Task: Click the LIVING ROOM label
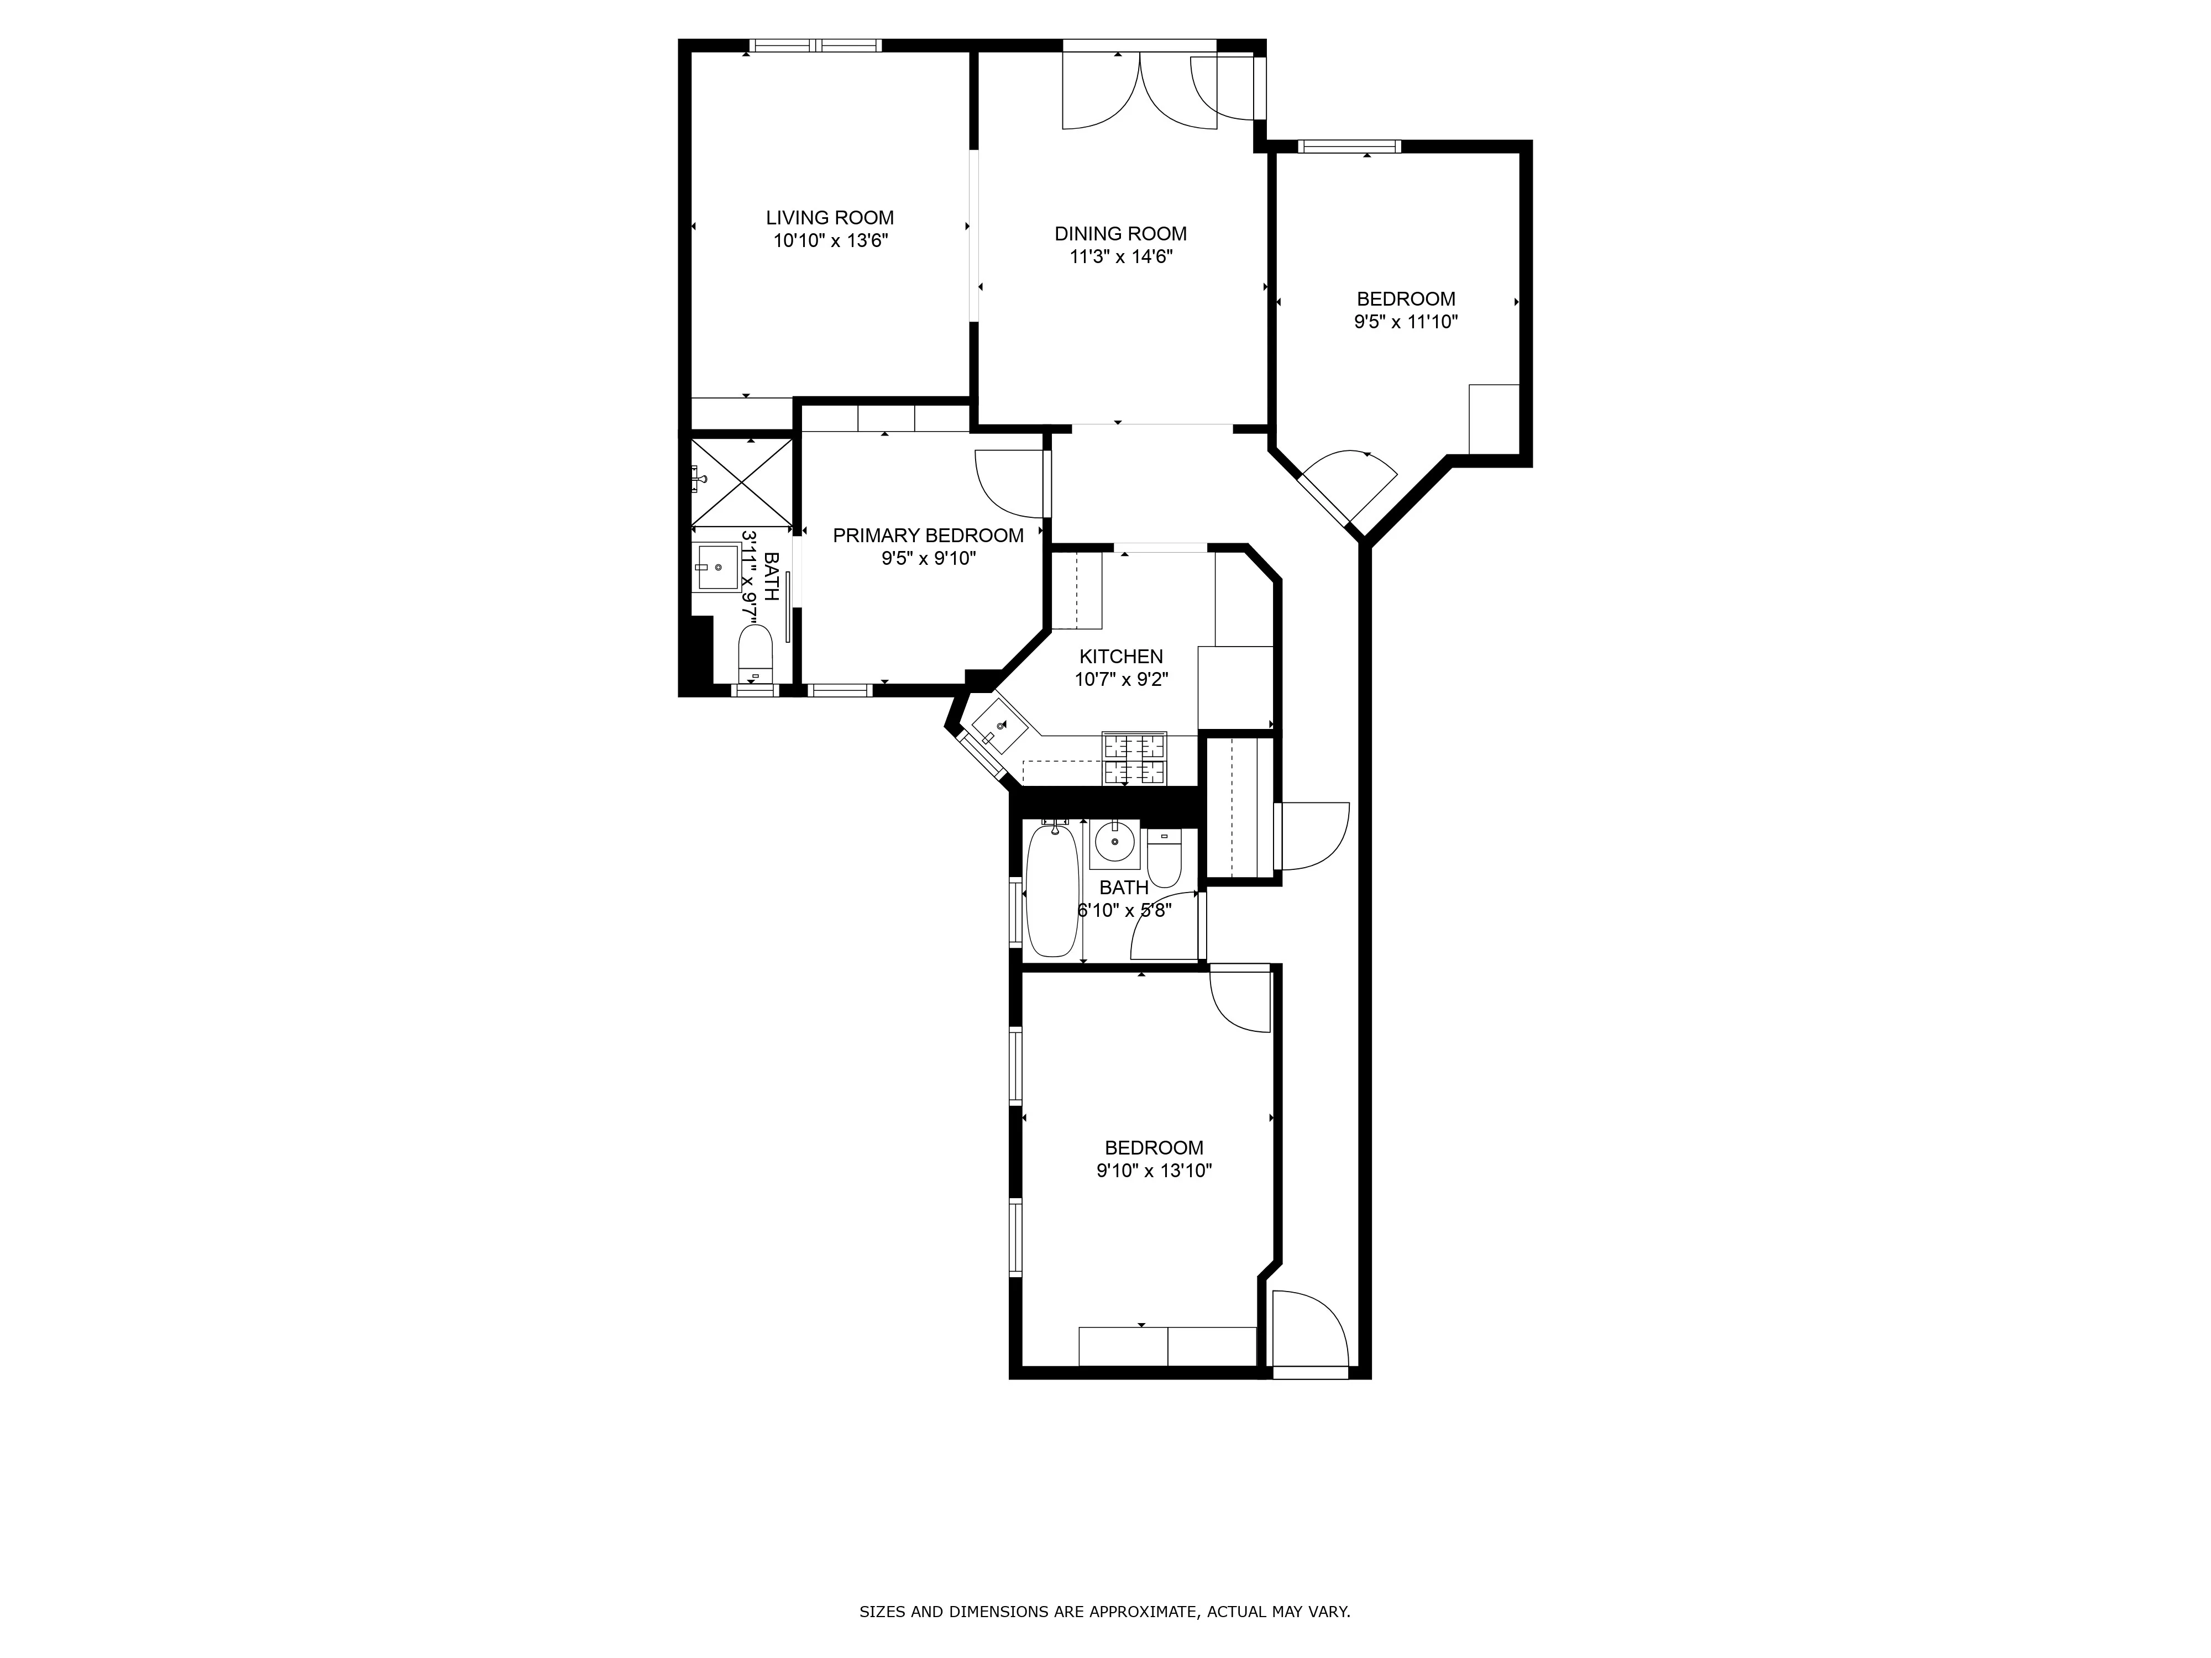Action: coord(830,218)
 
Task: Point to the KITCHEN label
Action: coord(1120,657)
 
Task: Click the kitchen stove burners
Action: coord(1134,759)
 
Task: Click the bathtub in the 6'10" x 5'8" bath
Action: coord(1051,889)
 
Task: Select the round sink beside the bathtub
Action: coord(1113,842)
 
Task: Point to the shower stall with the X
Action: coord(741,482)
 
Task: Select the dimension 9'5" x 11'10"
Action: coord(1405,322)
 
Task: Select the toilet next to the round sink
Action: coord(1164,858)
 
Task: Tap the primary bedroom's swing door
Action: coord(1009,482)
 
